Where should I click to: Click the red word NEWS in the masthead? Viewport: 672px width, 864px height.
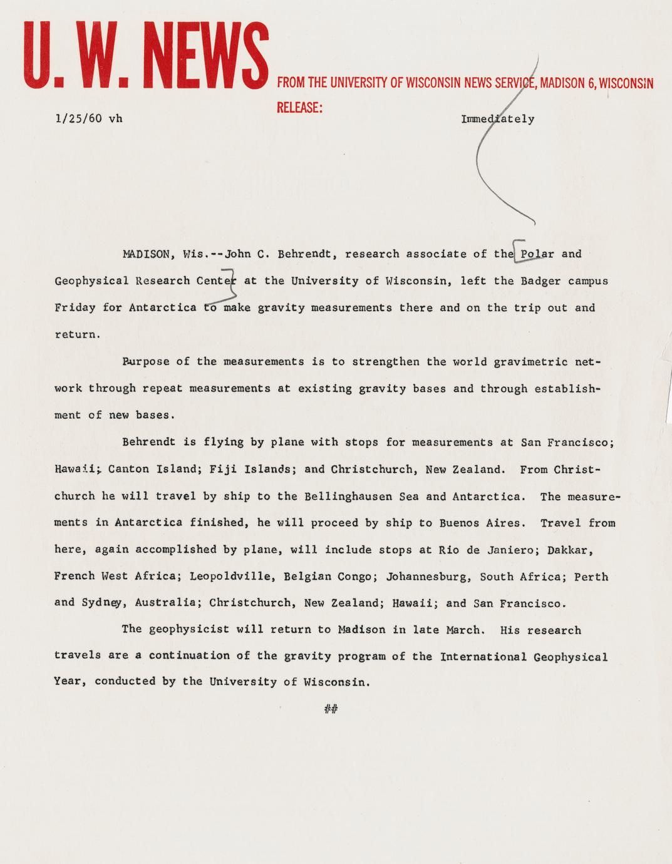tap(209, 55)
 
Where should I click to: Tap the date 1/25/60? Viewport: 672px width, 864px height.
tap(78, 118)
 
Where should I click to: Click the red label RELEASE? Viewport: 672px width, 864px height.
tap(299, 108)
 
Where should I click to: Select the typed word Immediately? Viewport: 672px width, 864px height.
tap(498, 119)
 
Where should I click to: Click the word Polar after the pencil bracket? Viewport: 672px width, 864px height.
tap(537, 254)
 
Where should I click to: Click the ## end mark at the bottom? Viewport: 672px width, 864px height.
tap(331, 709)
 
